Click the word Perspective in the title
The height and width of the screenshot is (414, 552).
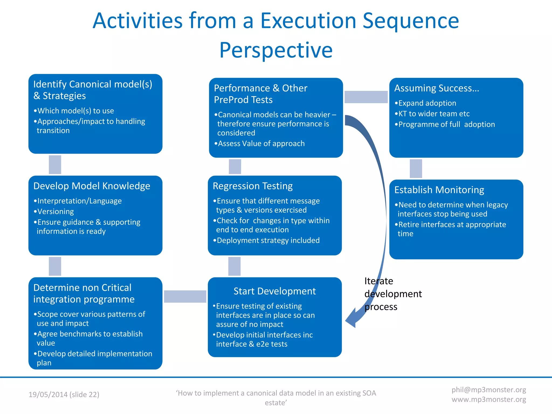276,50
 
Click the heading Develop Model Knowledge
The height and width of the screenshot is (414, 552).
92,186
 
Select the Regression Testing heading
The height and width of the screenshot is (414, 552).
253,186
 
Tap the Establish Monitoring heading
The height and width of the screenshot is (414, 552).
439,190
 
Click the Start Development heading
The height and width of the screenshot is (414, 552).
274,291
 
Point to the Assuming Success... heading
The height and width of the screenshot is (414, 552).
437,88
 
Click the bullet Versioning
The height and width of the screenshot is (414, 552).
55,212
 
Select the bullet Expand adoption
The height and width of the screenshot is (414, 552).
427,103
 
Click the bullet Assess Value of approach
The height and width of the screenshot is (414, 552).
261,143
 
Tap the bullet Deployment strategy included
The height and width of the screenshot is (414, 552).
268,240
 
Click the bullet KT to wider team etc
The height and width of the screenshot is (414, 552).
434,114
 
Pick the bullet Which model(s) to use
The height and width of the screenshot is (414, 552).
75,111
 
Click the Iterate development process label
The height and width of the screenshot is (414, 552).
393,294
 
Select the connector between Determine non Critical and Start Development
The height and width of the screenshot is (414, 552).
185,296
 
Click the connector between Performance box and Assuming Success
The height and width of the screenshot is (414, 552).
366,97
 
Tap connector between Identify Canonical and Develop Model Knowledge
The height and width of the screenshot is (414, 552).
55,165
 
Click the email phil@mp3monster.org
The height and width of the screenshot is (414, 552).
489,390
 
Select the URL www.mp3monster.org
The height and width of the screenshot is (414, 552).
489,399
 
